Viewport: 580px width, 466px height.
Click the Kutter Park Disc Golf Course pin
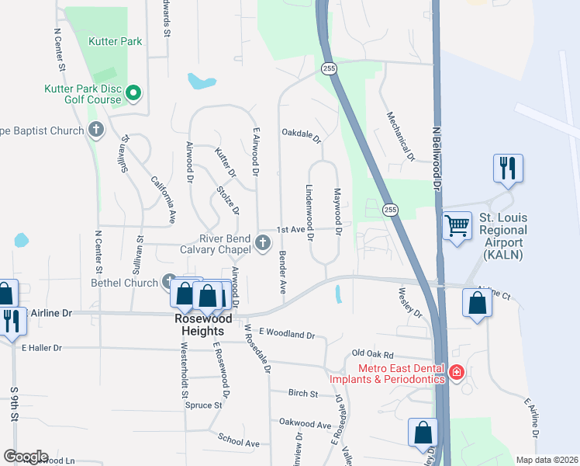click(133, 93)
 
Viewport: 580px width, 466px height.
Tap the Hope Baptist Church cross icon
click(96, 130)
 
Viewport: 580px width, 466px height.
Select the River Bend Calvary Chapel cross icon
click(263, 245)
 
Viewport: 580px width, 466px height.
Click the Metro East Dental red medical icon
click(457, 373)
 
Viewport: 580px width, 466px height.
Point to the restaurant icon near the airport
click(508, 168)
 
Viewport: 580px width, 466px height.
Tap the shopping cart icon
click(457, 226)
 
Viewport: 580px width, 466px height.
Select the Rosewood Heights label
click(206, 324)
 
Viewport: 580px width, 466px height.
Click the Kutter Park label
click(116, 41)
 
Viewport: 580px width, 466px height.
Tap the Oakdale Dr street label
click(301, 135)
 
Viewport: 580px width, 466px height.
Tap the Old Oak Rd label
click(373, 353)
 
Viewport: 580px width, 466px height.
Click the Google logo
click(26, 457)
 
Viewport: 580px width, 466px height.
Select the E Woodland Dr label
click(287, 335)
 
